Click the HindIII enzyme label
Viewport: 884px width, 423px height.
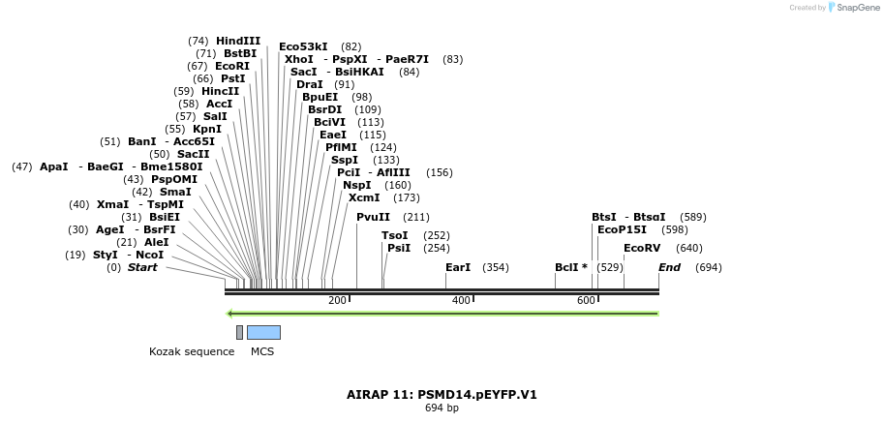[x=238, y=41]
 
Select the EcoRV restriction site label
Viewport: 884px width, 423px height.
[x=642, y=248]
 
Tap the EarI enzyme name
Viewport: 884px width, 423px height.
[x=458, y=267]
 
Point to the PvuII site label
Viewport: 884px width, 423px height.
[x=373, y=217]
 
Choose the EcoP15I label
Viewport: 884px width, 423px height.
[x=622, y=229]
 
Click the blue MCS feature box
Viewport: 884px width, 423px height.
[x=263, y=332]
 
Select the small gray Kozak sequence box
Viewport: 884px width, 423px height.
[x=239, y=332]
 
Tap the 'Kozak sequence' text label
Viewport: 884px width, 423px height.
[x=192, y=351]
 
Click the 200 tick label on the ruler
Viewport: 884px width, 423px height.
[x=337, y=301]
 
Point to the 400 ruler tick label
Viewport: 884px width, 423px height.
[x=461, y=301]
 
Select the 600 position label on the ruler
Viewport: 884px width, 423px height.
[x=586, y=301]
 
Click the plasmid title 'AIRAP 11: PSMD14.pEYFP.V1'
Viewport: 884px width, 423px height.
[x=442, y=395]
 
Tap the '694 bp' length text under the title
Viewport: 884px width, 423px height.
[x=442, y=408]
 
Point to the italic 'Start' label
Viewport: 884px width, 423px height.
[x=142, y=267]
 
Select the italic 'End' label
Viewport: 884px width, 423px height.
[x=669, y=267]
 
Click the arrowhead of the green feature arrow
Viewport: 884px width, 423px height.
[x=229, y=314]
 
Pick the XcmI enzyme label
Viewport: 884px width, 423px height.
[x=364, y=197]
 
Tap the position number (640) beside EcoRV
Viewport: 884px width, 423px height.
[x=689, y=248]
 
